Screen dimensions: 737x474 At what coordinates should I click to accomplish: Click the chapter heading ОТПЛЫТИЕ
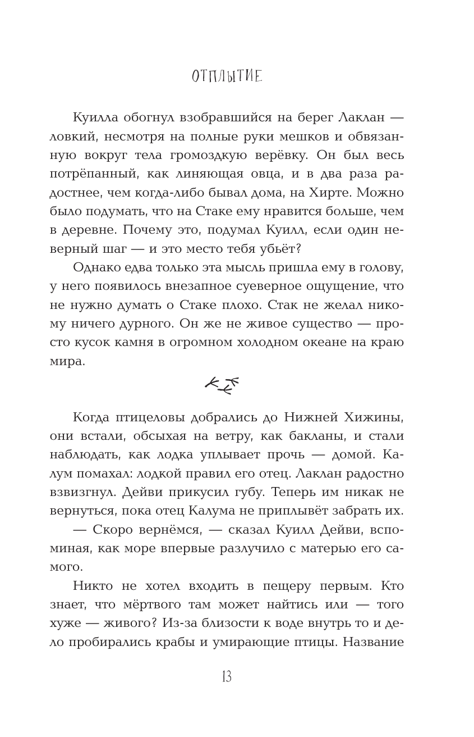(x=227, y=76)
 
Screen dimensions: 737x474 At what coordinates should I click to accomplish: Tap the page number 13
(x=227, y=677)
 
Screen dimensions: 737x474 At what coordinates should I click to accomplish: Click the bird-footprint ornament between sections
(x=222, y=385)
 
